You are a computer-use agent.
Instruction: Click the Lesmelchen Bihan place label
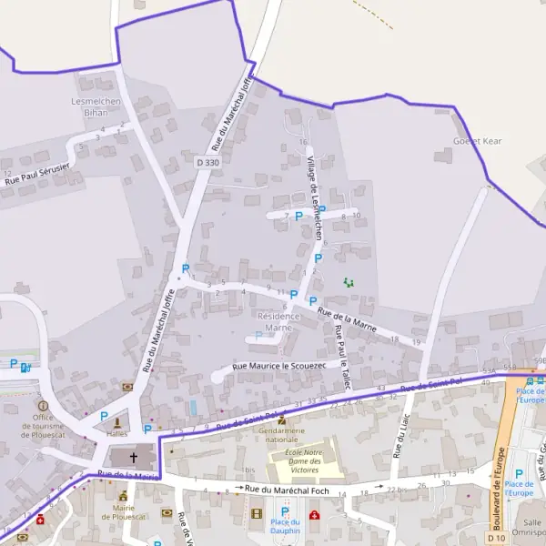[x=96, y=106]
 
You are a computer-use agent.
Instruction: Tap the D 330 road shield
[x=208, y=162]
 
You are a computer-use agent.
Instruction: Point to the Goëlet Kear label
[x=478, y=141]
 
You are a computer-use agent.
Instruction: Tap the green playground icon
[x=348, y=282]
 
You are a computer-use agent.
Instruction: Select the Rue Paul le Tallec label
[x=341, y=357]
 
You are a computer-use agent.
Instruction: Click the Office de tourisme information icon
[x=42, y=405]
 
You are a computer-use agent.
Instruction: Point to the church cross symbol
[x=134, y=458]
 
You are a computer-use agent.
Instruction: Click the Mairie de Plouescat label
[x=124, y=512]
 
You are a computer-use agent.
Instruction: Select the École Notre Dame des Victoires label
[x=305, y=460]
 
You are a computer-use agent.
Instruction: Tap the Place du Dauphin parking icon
[x=284, y=512]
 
